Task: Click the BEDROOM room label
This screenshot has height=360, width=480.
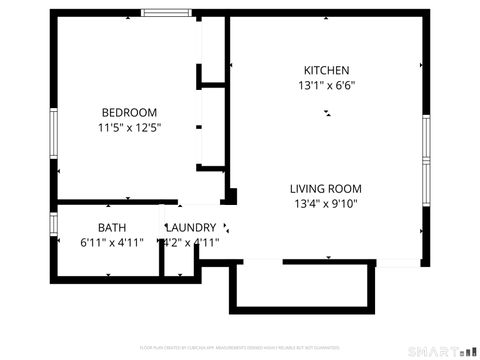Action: [129, 112]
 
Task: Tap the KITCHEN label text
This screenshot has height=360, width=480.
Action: [327, 70]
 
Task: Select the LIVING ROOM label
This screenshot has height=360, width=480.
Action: [325, 188]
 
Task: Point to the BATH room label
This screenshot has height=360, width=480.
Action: [112, 227]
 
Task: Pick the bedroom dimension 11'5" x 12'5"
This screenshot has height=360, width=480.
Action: [129, 127]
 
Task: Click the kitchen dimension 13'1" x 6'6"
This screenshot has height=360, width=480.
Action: [327, 85]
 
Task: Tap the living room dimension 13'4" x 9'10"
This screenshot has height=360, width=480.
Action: [325, 204]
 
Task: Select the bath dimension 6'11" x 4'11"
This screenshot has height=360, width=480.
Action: [112, 242]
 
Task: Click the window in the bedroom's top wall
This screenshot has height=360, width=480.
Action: [168, 13]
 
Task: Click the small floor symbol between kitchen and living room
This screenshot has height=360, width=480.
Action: [325, 114]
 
